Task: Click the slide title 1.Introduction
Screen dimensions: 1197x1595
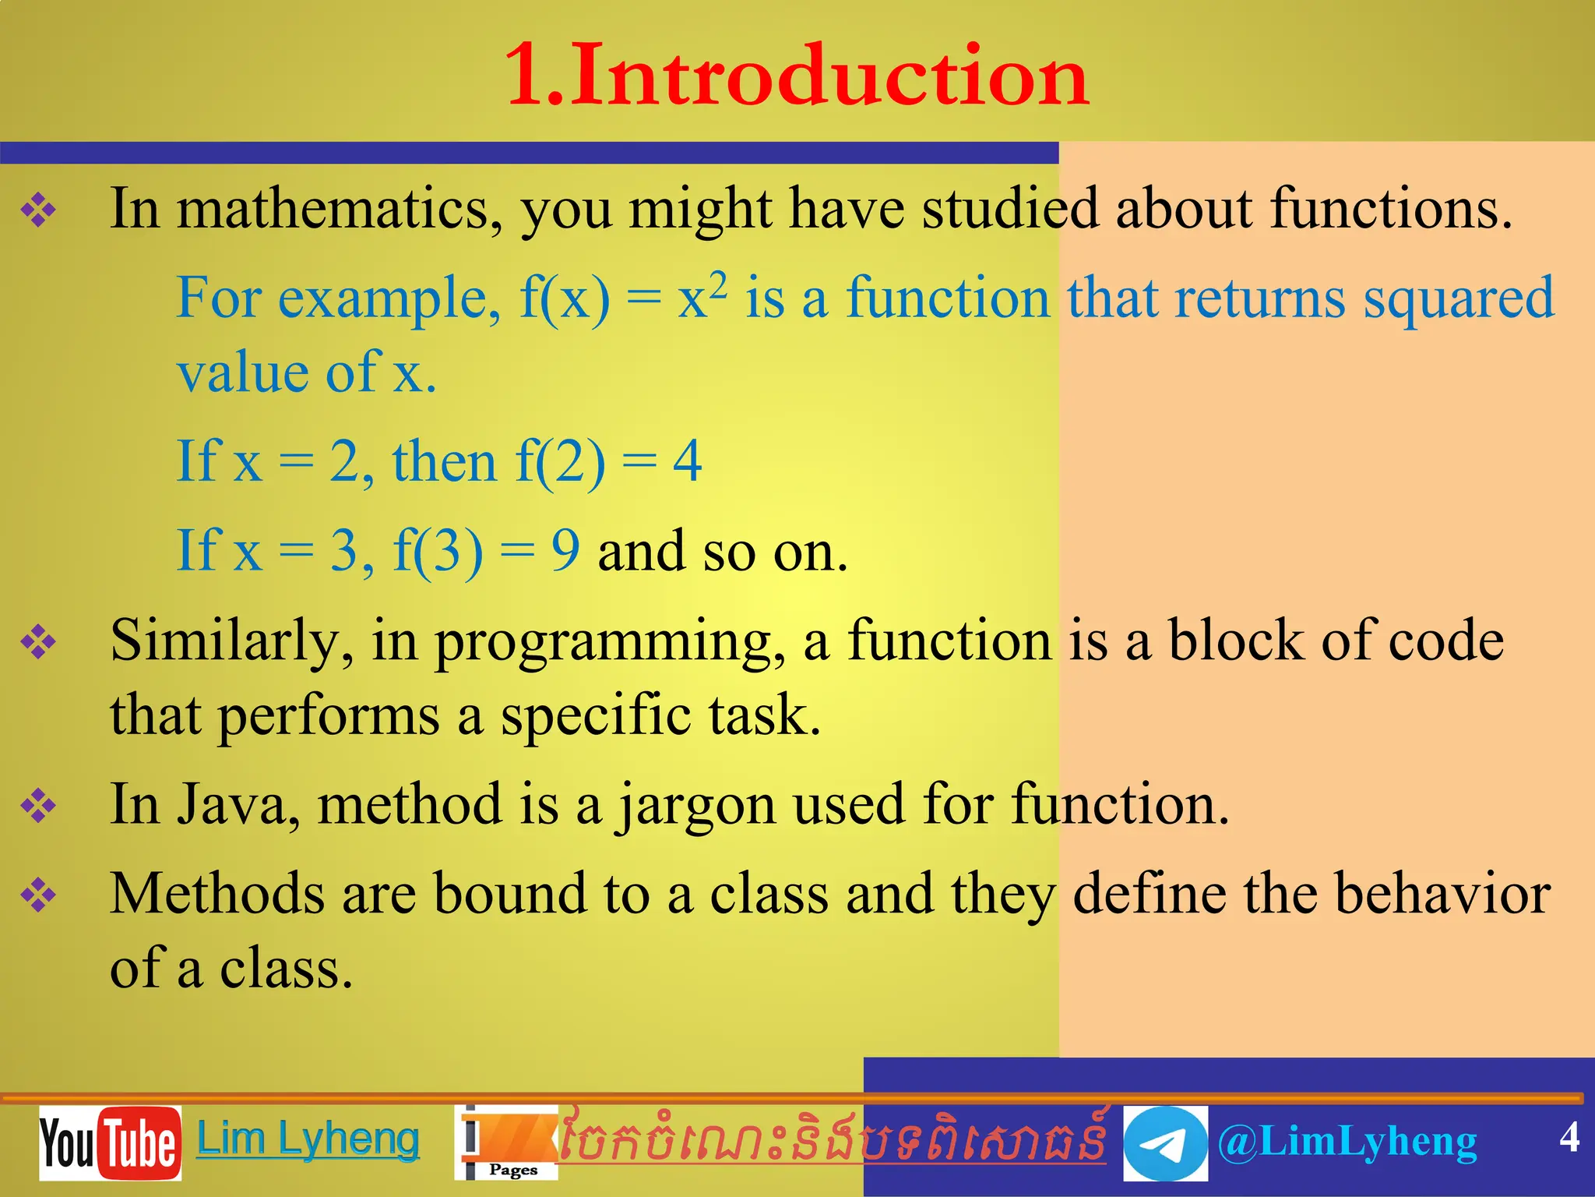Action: [796, 76]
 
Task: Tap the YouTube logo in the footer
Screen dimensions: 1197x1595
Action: [110, 1142]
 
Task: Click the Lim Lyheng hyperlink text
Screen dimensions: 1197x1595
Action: [308, 1139]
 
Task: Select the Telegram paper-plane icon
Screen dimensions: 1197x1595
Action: [1165, 1143]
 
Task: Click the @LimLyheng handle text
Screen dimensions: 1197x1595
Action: [1347, 1142]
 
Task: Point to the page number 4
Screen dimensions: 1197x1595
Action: [1569, 1137]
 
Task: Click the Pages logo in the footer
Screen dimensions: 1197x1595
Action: [506, 1143]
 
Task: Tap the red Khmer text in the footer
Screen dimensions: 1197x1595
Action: [832, 1139]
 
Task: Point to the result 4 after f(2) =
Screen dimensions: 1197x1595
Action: [687, 461]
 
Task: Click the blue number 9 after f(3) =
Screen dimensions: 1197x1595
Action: [565, 550]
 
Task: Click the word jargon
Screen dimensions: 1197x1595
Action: [697, 806]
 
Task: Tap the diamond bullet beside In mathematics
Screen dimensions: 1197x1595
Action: [39, 210]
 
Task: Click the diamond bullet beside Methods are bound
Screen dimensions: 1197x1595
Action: [39, 895]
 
